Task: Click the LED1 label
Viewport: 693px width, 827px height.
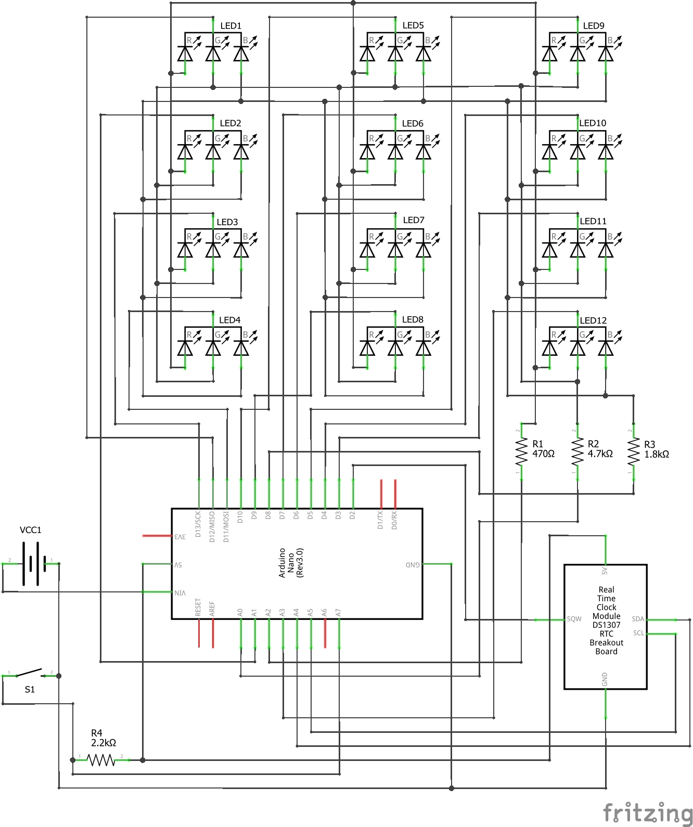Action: pos(230,25)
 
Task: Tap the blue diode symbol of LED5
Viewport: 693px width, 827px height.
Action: pos(423,54)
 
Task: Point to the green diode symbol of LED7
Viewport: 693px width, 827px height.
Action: pos(395,250)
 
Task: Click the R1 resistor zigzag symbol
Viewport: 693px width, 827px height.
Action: pos(521,452)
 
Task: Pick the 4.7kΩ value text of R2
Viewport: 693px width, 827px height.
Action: pos(600,454)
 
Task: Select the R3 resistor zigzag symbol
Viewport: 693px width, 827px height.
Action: pos(633,452)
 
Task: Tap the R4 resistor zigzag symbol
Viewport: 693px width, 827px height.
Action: pos(101,760)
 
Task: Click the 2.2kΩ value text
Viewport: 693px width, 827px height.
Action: pos(104,743)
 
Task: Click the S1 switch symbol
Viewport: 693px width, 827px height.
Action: pos(30,674)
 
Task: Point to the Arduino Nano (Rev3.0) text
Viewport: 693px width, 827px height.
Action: pos(291,563)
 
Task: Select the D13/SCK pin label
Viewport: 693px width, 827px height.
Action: pos(198,524)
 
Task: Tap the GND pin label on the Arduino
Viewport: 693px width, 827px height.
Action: pos(413,564)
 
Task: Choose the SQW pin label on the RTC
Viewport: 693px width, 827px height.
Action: pos(574,619)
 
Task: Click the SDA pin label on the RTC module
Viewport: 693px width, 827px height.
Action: pos(638,619)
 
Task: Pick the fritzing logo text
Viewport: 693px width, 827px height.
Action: pos(647,812)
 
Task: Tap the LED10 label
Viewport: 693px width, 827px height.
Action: pos(593,123)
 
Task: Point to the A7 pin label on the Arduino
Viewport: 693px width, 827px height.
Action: pos(338,612)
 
